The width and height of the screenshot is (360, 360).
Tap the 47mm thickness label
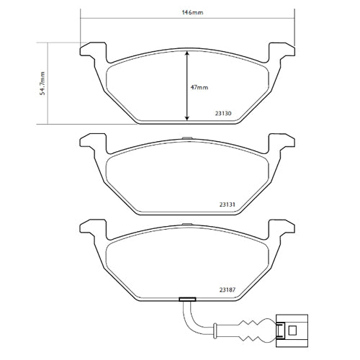point(199,86)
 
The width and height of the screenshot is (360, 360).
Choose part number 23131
point(228,204)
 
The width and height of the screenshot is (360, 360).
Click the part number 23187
point(228,290)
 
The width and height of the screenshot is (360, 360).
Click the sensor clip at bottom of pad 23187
point(187,300)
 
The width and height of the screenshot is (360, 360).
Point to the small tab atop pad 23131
point(187,138)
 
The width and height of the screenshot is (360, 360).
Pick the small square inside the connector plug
point(292,330)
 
